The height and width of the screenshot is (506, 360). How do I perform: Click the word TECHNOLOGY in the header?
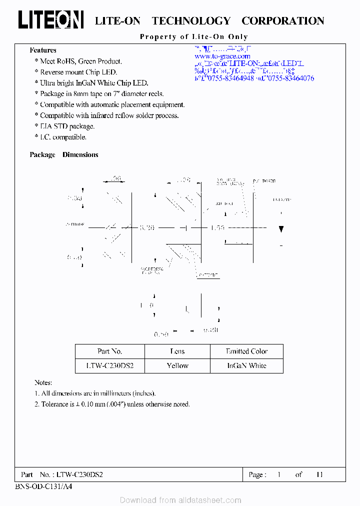coord(191,21)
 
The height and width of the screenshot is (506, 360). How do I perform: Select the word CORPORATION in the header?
coord(282,21)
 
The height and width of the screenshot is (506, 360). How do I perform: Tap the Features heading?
coord(43,50)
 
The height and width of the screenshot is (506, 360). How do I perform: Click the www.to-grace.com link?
coord(222,56)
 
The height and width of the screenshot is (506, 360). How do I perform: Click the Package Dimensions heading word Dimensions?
coord(80,155)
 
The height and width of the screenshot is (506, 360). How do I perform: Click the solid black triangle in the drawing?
coord(281,229)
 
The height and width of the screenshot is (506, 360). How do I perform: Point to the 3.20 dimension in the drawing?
coord(147,228)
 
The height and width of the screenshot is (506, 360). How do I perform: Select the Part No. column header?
coord(109,351)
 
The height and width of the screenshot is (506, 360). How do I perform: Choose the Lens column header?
coord(177,351)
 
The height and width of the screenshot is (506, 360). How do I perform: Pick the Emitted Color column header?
coord(246,351)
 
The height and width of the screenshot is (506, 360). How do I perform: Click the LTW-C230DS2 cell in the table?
coord(109,365)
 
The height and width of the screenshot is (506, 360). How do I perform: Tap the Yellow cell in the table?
coord(177,365)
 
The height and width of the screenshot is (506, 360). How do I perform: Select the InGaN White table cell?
coord(246,365)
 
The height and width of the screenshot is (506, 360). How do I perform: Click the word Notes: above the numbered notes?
coord(43,382)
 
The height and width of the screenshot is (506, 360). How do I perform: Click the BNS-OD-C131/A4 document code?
coord(43,486)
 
